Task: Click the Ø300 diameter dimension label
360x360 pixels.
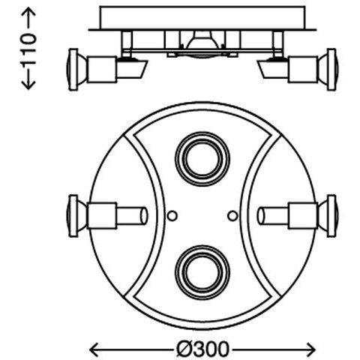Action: coord(202,349)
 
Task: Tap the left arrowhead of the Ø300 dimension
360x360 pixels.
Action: coord(93,349)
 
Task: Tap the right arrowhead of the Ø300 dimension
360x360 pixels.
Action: coord(310,349)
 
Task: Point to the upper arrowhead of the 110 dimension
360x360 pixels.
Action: coord(29,13)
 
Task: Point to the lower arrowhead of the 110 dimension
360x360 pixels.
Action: coord(29,85)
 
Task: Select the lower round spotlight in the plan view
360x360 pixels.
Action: coord(202,272)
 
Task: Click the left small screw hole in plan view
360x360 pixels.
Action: coord(172,215)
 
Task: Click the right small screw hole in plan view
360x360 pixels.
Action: coord(232,215)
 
